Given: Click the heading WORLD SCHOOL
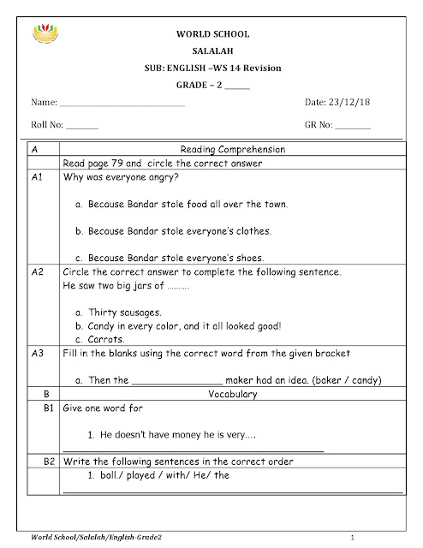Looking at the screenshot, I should pyautogui.click(x=211, y=34).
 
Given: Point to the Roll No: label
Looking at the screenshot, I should pyautogui.click(x=47, y=125).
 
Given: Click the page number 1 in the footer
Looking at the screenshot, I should pyautogui.click(x=364, y=537).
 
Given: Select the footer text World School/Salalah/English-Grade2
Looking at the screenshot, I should pyautogui.click(x=95, y=537).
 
